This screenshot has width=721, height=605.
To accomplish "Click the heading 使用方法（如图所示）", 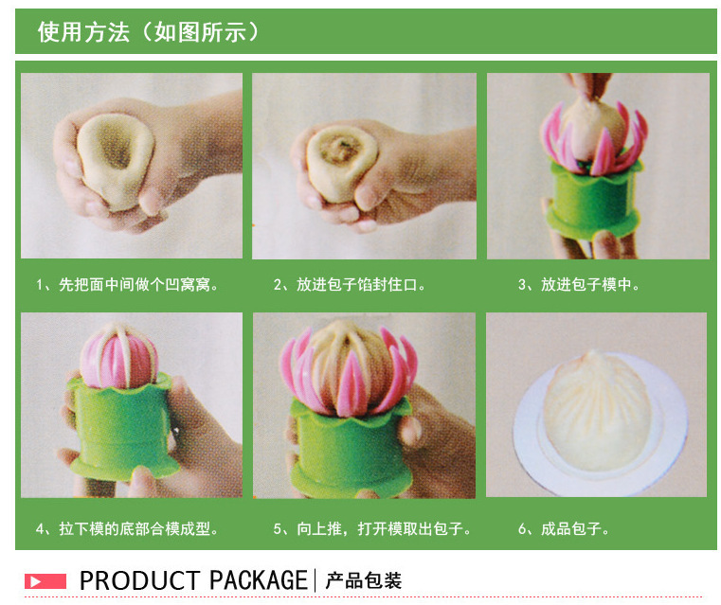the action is (148, 32).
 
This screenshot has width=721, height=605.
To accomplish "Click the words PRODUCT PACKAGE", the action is (193, 580).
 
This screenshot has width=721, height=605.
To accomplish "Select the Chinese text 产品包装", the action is (363, 580).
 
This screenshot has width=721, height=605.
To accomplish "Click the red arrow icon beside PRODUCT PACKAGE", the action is (45, 581).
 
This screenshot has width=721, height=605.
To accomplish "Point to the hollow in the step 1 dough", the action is (115, 147).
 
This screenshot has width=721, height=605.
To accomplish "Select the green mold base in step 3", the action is (592, 201).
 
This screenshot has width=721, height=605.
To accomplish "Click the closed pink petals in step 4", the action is (119, 357).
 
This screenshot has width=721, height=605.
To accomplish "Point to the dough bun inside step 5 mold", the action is (348, 363).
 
